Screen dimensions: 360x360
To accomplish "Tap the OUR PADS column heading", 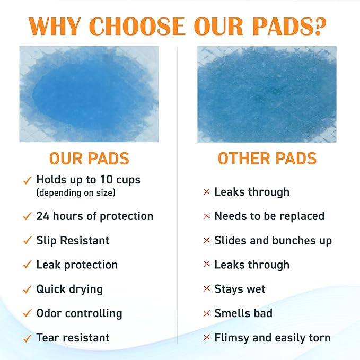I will coord(89,159).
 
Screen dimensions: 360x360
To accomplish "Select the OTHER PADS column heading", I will coord(267,159).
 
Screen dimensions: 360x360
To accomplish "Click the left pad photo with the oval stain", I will coord(89,94).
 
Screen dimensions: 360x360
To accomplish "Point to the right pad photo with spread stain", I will coord(267,94).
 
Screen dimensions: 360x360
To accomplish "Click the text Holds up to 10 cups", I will coord(88,180).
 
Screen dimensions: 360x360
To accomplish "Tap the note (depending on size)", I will coord(75,193).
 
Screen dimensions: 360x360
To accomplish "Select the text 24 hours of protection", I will coord(94,216).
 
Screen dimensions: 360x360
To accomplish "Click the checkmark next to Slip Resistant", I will coord(27,241).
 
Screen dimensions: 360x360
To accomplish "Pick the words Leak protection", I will coord(77,265).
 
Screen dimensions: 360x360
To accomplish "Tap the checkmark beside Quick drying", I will coord(27,290).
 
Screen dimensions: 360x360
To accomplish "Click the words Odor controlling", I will coord(79,313).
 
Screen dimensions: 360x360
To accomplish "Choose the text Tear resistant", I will coord(73,338).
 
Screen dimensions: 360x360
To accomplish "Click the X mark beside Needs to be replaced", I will coord(207,217).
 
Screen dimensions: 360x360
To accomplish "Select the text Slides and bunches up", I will coord(273,241).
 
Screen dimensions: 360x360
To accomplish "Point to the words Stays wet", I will coord(240,289).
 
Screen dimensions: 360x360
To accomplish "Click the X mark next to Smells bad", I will coord(207,314).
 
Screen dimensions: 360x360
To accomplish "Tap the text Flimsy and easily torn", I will coord(272,338).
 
